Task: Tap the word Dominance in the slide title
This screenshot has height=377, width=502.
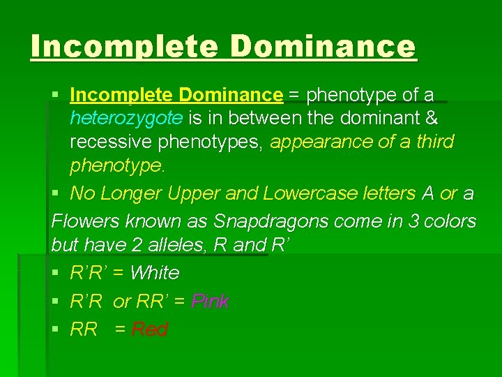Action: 324,47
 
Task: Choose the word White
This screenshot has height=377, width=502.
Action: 155,272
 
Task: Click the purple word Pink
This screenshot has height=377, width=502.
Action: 210,302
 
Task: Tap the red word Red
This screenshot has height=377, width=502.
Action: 149,330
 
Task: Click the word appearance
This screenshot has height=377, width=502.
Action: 314,142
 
